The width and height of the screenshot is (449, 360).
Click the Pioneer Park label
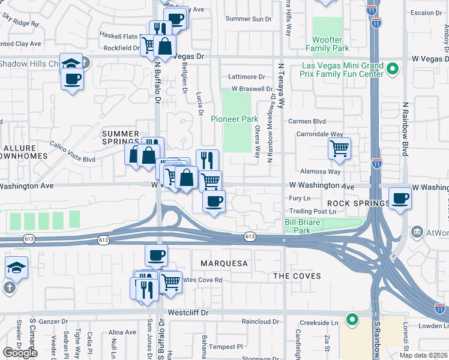[x=234, y=119]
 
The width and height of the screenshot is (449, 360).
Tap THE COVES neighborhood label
[x=297, y=276]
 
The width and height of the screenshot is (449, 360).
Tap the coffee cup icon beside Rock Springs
[x=400, y=197]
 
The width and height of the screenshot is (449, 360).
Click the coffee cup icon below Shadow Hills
[x=72, y=79]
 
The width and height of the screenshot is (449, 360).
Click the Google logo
[x=20, y=352]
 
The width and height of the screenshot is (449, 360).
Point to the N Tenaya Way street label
[x=280, y=87]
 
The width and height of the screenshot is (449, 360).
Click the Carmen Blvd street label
[x=307, y=121]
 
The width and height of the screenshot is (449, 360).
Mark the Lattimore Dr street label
[x=246, y=77]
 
